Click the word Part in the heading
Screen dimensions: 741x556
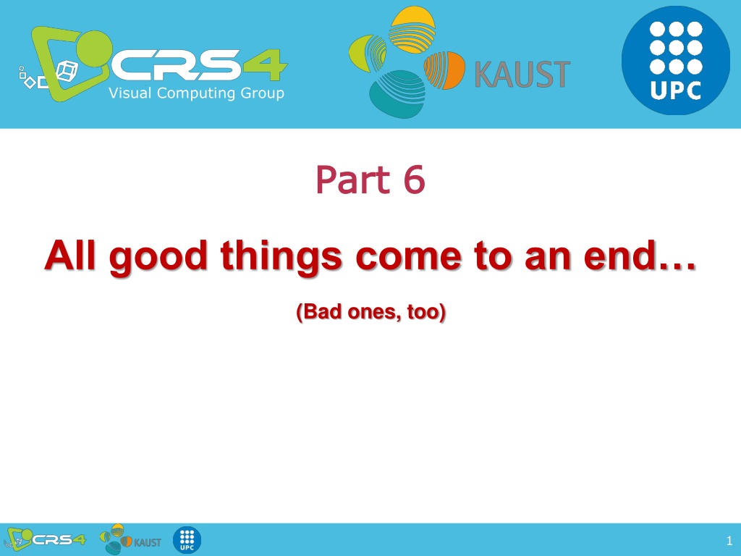353,180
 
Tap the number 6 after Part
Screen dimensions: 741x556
415,180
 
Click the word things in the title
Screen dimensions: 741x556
281,258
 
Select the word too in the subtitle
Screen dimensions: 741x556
426,312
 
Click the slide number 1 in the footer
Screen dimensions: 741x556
729,540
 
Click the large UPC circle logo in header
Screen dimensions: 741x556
675,60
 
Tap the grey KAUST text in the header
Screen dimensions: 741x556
522,75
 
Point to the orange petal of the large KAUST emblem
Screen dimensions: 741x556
444,70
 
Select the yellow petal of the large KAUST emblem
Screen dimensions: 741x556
412,28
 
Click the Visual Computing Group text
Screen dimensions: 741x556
197,93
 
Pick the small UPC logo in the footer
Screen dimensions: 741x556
187,540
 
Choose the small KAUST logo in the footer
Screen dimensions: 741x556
131,539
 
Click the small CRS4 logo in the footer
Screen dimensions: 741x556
46,539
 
